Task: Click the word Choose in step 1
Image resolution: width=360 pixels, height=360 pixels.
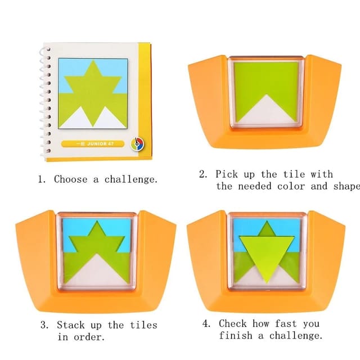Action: [x=70, y=179]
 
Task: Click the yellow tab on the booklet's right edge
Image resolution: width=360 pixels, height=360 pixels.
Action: [x=147, y=101]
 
